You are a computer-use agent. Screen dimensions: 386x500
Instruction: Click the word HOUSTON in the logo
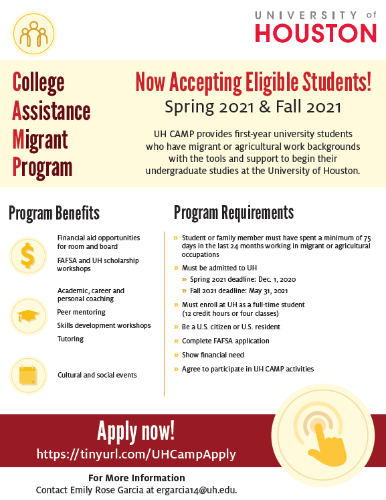[316, 33]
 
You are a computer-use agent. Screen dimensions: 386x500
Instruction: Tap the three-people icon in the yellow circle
[34, 33]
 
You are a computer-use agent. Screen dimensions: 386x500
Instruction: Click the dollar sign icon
[28, 255]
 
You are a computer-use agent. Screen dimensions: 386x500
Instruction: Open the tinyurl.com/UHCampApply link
[136, 454]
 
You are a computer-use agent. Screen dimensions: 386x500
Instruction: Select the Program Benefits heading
[54, 213]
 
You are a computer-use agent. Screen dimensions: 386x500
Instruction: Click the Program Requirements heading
[233, 213]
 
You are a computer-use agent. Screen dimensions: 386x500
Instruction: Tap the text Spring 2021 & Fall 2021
[253, 107]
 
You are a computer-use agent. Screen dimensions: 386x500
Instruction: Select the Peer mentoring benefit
[82, 312]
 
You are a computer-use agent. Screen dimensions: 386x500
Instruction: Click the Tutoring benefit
[70, 339]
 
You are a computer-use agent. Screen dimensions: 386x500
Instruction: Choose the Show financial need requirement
[213, 355]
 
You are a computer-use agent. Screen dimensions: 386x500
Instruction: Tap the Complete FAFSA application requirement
[225, 341]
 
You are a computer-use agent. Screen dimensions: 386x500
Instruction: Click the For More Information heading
[136, 478]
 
